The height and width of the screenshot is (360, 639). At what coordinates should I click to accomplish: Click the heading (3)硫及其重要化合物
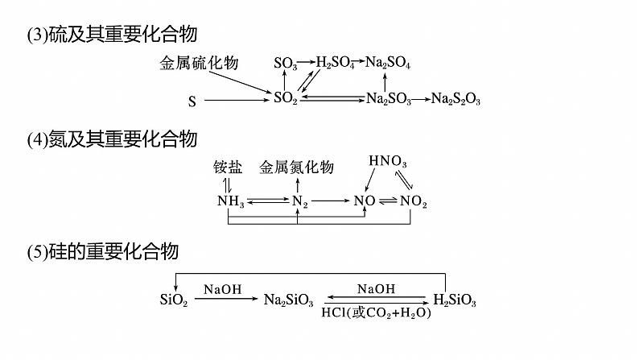coord(112,35)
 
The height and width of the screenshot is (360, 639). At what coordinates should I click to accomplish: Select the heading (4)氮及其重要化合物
coord(112,139)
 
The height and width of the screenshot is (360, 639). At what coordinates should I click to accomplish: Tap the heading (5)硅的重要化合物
coord(102,252)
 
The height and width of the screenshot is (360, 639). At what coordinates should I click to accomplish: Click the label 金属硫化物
coord(199,63)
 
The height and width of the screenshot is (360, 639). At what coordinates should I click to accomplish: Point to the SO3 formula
coord(286,63)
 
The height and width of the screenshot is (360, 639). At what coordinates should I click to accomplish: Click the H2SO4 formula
coord(335,62)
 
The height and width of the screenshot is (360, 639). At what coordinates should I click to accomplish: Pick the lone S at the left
coord(192,101)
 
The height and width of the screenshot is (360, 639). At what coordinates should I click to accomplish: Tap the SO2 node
coord(286,98)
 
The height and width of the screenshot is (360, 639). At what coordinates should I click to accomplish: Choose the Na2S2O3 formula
coord(456,99)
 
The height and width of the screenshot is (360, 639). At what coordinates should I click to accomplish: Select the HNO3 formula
coord(388,162)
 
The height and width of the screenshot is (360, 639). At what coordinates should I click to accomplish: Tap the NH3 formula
coord(231,201)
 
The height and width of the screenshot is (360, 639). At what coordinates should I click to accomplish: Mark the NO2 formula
coord(414,201)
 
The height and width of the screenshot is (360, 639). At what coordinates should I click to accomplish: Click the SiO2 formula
coord(174,300)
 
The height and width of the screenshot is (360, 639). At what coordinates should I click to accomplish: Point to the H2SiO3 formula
coord(455,300)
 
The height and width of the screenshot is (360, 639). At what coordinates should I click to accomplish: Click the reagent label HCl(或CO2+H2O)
coord(376,312)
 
